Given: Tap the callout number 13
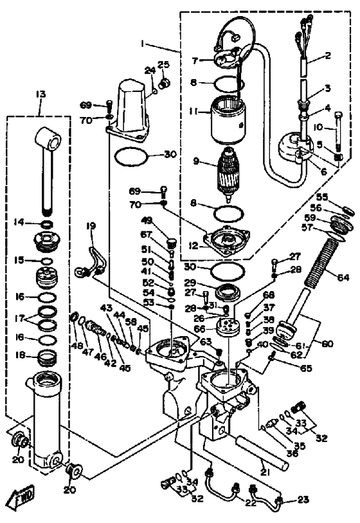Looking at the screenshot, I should [x=41, y=95].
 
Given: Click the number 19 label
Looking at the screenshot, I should [x=91, y=226].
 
